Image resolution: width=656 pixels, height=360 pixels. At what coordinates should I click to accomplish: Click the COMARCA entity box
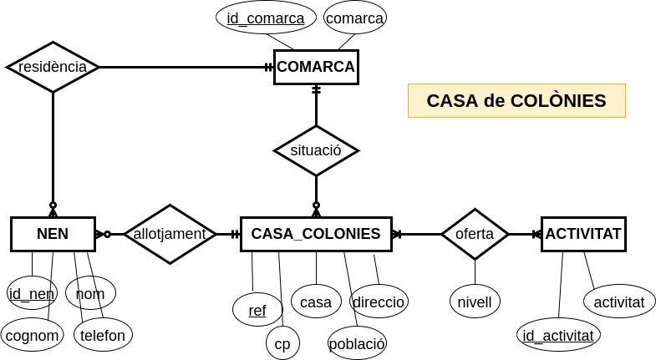(316, 67)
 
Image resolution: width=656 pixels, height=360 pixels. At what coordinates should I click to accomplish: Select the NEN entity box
(53, 234)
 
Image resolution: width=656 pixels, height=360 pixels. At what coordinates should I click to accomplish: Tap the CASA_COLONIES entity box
(316, 234)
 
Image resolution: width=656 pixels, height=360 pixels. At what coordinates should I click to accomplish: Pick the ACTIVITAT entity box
(583, 234)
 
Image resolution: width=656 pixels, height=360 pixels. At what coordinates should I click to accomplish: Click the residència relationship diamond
(53, 67)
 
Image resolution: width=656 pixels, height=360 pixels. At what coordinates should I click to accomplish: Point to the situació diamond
(316, 150)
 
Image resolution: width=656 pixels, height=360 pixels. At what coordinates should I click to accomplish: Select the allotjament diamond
(170, 234)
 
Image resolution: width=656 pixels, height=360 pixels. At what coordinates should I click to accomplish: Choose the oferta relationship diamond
(475, 234)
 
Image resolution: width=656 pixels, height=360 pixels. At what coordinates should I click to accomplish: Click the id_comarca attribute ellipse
(266, 18)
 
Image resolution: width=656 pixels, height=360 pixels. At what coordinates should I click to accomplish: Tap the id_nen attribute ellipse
(32, 293)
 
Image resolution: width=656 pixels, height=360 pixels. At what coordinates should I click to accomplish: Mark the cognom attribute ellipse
(32, 335)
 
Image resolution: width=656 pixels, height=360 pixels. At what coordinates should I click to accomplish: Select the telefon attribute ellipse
(103, 335)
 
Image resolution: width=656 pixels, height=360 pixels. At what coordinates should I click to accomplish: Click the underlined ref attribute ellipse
(257, 310)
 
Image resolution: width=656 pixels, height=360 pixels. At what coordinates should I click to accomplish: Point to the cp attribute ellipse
(282, 342)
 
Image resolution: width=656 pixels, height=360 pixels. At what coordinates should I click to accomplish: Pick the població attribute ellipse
(357, 342)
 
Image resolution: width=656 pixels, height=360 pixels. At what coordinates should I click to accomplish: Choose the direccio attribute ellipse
(379, 302)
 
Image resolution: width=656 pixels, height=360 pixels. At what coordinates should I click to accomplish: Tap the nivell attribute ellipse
(475, 302)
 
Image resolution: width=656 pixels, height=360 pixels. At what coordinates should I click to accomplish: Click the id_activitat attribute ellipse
(558, 335)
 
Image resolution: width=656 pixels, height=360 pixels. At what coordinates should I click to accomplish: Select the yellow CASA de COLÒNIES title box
(516, 100)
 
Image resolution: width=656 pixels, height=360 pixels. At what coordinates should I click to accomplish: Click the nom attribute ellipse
(90, 293)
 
